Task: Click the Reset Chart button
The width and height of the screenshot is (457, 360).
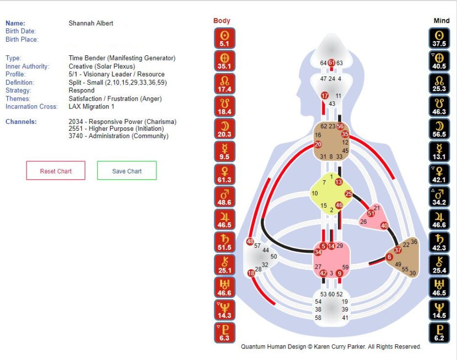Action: [56, 171]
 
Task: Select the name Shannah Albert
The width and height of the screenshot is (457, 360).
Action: [91, 23]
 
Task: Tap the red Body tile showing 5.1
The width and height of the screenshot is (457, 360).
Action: [225, 38]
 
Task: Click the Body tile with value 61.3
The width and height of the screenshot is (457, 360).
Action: [225, 175]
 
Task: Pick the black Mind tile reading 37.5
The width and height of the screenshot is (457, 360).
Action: [440, 38]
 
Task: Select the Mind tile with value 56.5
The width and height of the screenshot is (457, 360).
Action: [440, 129]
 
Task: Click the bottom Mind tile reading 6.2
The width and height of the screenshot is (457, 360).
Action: [440, 333]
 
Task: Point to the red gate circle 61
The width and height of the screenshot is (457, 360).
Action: [332, 63]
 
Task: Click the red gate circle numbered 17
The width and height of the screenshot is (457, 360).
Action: [324, 96]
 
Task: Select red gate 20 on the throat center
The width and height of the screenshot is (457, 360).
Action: [318, 144]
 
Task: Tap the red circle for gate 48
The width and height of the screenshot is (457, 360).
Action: [250, 242]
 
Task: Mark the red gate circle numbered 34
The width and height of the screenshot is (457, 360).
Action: [318, 252]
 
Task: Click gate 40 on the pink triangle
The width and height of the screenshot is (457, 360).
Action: [384, 226]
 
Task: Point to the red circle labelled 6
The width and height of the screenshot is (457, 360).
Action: [389, 257]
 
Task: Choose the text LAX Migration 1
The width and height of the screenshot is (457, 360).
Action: [91, 107]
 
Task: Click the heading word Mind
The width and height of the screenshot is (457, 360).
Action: [441, 21]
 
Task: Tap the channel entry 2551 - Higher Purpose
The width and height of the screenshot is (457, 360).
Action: [116, 129]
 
